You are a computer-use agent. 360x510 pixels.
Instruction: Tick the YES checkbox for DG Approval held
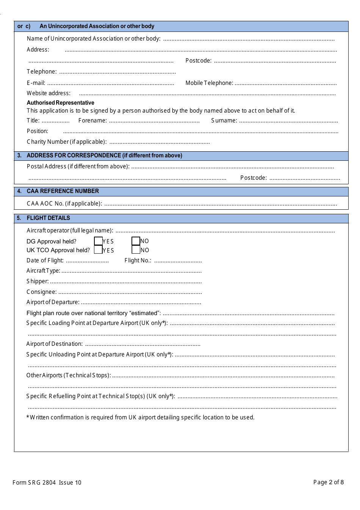(98, 241)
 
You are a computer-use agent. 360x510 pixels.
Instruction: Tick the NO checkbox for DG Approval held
(136, 241)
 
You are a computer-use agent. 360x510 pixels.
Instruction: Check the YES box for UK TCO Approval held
(98, 250)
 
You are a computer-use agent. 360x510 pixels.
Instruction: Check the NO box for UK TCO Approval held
(136, 250)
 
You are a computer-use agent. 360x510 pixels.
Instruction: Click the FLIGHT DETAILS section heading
(48, 218)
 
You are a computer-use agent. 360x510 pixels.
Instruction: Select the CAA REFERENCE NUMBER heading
(63, 191)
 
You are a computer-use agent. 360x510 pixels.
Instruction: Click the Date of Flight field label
(45, 260)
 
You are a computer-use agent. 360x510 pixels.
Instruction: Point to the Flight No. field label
(138, 260)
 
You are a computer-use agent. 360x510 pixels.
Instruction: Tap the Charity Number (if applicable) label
(67, 142)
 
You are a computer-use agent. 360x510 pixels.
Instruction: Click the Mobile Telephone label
(209, 83)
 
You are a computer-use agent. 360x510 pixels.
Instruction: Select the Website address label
(49, 93)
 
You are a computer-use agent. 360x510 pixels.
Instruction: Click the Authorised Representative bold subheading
(60, 103)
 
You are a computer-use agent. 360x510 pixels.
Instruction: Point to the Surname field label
(224, 121)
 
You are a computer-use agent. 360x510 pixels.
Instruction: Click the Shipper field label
(38, 281)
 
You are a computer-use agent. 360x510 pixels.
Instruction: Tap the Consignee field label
(42, 292)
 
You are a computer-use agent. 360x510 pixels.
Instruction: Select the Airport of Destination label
(55, 344)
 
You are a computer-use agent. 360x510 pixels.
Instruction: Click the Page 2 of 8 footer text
(328, 482)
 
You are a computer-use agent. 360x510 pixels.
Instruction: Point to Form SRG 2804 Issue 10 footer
(47, 483)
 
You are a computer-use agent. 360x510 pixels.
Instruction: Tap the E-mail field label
(36, 83)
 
